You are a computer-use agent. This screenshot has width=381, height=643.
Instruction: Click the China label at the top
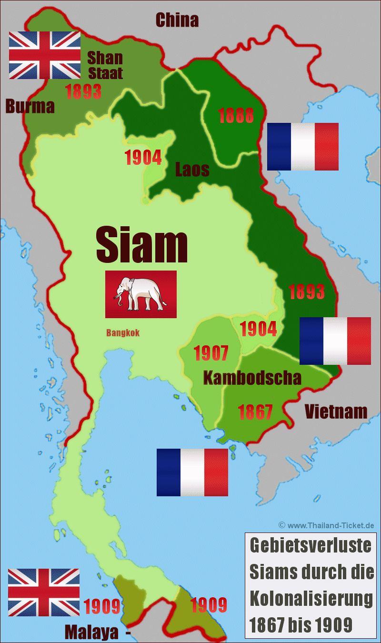pos(177,20)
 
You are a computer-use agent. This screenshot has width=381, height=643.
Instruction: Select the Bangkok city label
pos(123,333)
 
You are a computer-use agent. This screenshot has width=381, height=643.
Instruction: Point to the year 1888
pos(236,116)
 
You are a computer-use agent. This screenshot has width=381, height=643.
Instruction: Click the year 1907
pos(211,353)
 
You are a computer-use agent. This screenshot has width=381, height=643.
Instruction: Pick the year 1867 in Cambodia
pos(255,412)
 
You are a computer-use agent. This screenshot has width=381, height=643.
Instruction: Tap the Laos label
pos(192,169)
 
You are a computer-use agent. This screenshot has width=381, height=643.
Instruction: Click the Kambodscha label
pos(252,378)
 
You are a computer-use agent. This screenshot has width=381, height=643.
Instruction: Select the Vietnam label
pos(336,411)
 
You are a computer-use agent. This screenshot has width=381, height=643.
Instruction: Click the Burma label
pos(30,106)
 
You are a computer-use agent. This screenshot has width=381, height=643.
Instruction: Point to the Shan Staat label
pos(105,65)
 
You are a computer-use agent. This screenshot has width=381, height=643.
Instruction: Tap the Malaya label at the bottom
pos(91,632)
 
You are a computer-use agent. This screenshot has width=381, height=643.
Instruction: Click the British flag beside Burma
pos(45,55)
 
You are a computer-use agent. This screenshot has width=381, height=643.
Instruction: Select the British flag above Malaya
pos(44,592)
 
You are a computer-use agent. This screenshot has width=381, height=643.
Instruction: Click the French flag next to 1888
pos(302,146)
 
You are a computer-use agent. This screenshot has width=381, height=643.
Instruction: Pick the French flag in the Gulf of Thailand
pos(192,472)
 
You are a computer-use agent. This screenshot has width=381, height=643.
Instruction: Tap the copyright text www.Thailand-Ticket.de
pos(327,525)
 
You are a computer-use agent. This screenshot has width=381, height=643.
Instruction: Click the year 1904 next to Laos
pos(142,157)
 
